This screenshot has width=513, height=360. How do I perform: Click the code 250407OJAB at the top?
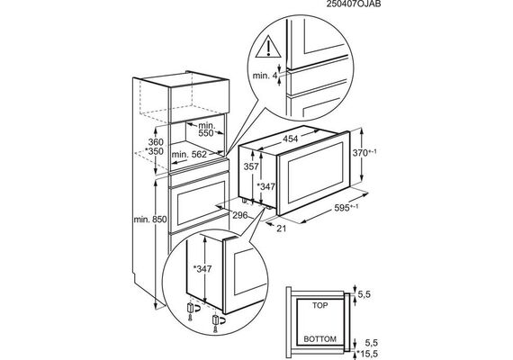click(x=354, y=4)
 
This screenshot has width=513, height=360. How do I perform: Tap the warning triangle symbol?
click(x=268, y=47)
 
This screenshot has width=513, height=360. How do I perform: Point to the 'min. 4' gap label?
click(x=265, y=76)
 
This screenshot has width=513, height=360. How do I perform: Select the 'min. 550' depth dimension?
click(x=207, y=130)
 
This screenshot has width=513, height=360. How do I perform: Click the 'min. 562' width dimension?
click(x=189, y=154)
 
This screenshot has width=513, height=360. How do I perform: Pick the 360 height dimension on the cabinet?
click(x=156, y=142)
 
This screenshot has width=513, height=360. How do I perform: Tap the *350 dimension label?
click(x=154, y=151)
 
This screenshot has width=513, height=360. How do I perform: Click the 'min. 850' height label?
click(x=150, y=220)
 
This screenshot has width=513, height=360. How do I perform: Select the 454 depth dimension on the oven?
click(x=290, y=139)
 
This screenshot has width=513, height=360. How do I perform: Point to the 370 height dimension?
click(x=364, y=152)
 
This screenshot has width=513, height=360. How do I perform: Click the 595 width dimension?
click(x=346, y=208)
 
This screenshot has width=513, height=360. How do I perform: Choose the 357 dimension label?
click(x=251, y=166)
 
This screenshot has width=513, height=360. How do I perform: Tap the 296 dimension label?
click(x=240, y=215)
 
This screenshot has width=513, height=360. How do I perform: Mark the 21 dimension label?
click(x=282, y=229)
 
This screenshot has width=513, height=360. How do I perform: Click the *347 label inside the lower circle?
click(x=202, y=269)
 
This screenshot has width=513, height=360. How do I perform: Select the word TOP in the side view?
click(x=319, y=306)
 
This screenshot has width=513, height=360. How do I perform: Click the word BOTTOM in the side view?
click(x=319, y=339)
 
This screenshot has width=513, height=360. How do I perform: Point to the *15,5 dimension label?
click(x=367, y=354)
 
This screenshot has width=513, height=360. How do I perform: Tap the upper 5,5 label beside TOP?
click(x=364, y=294)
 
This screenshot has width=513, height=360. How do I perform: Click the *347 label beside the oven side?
click(x=265, y=187)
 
